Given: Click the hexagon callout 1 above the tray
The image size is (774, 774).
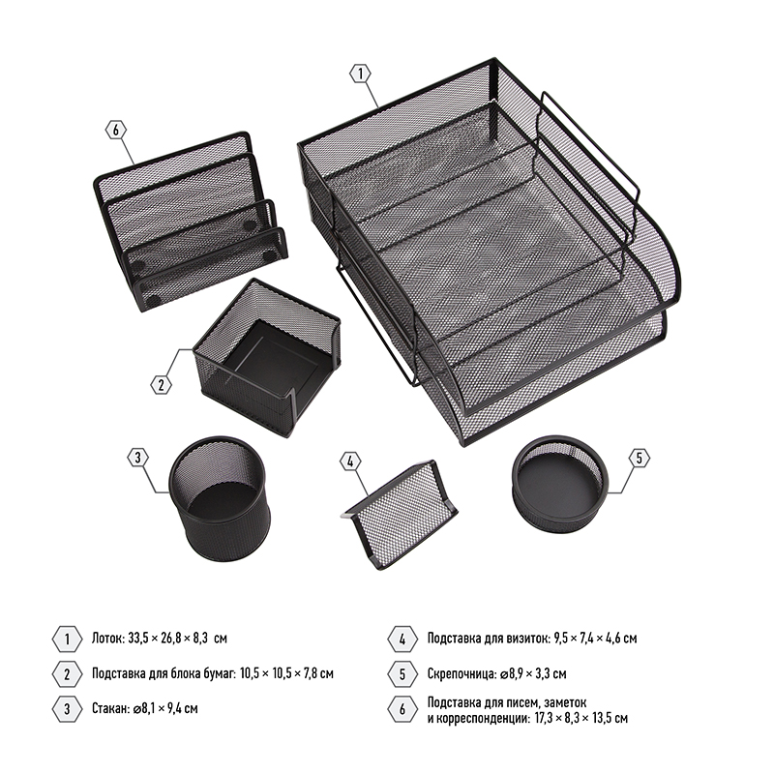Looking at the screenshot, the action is click(x=360, y=74).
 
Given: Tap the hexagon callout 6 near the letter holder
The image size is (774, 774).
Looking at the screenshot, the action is click(x=116, y=131).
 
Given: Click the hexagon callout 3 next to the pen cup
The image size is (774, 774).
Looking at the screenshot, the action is click(x=137, y=458).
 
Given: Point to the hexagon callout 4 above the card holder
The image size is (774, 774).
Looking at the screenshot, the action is click(x=350, y=462).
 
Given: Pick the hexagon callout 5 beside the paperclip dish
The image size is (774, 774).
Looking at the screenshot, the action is click(x=640, y=459).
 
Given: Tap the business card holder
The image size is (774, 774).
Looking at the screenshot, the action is click(x=402, y=515).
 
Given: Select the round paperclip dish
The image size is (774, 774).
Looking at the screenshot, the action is click(x=560, y=478).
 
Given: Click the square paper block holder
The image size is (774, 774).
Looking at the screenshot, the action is click(x=267, y=357).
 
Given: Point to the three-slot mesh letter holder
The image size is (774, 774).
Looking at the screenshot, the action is click(x=190, y=222).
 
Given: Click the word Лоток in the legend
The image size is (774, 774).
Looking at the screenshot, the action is click(x=107, y=639).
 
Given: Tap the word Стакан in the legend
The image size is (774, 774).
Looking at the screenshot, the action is click(x=110, y=709).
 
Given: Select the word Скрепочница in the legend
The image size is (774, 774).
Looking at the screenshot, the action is click(x=461, y=673).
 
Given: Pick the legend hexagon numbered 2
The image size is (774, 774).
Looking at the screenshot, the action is click(x=67, y=674).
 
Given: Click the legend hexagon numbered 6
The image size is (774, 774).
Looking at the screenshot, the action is click(x=402, y=709).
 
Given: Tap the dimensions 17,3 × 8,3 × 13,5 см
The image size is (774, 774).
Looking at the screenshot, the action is click(x=581, y=718).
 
